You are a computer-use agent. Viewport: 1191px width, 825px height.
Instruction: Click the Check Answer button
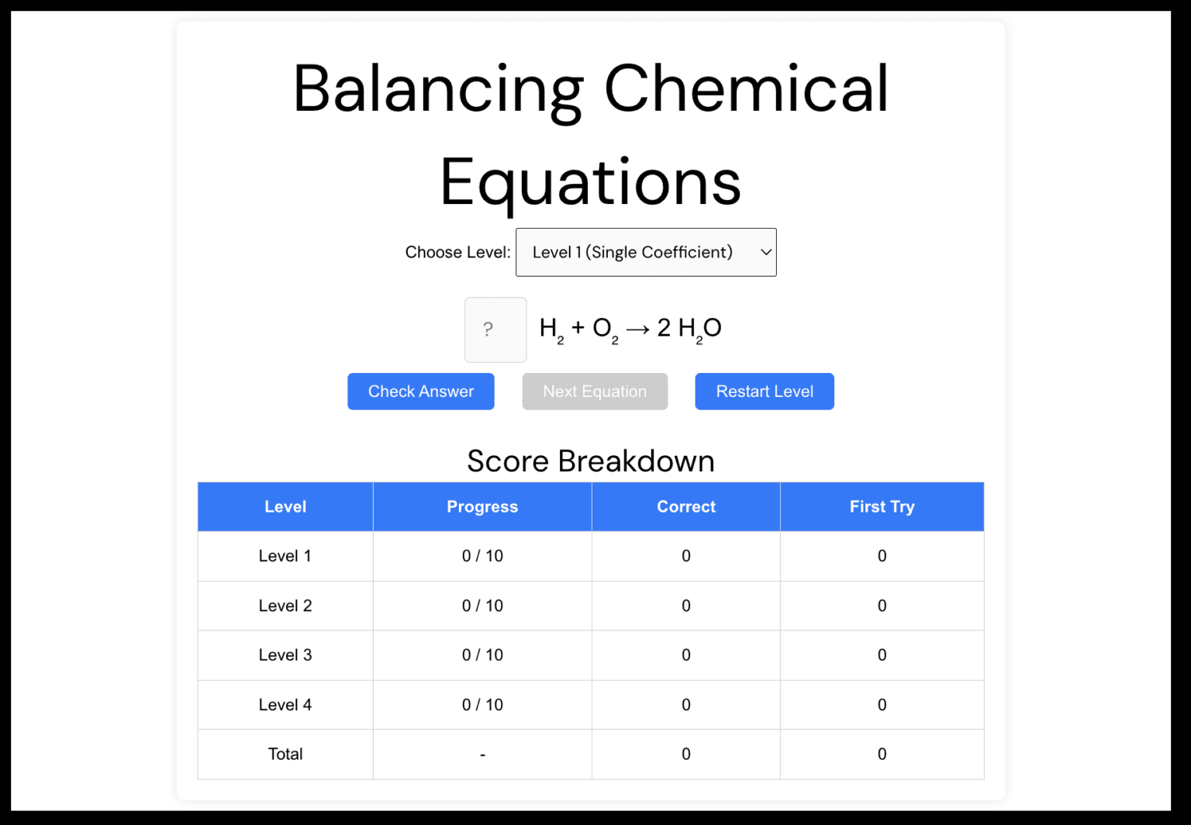[420, 392]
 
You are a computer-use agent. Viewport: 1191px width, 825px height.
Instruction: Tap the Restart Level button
[764, 392]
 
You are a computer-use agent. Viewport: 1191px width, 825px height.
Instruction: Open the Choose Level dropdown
[645, 252]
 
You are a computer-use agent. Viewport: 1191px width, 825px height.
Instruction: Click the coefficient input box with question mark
[495, 330]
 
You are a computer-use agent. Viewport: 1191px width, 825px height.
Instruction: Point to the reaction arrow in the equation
[637, 330]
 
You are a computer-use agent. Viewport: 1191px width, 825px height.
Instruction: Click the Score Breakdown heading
[590, 461]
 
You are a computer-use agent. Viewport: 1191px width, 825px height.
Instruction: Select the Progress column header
[482, 507]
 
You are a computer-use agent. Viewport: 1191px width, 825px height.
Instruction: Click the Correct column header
[686, 507]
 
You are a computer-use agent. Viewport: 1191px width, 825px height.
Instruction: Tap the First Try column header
[882, 507]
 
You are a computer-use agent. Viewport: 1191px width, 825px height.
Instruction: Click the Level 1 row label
[285, 556]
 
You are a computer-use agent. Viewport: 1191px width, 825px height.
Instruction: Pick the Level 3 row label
[285, 655]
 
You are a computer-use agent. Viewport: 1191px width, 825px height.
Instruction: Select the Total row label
[285, 754]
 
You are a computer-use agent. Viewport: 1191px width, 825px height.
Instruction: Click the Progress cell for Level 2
[482, 606]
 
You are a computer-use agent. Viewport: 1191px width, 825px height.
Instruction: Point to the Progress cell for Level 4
[482, 705]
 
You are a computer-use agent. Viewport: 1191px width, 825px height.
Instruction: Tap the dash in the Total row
[482, 754]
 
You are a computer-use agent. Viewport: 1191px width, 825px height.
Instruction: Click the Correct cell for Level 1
[686, 556]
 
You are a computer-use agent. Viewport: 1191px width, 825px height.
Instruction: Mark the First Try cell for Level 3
[882, 655]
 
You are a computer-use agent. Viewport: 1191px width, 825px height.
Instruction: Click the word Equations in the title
[590, 182]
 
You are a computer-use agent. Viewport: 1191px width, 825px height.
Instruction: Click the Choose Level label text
[457, 252]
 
